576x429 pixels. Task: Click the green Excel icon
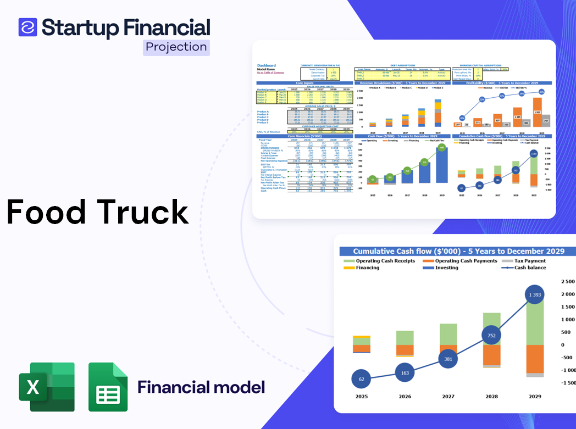pyautogui.click(x=47, y=387)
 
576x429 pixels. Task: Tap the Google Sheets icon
pyautogui.click(x=108, y=387)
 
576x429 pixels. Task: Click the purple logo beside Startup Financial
pyautogui.click(x=27, y=27)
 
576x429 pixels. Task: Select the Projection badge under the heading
pyautogui.click(x=176, y=47)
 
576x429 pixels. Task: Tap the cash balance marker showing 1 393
pyautogui.click(x=535, y=295)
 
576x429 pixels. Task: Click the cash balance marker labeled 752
pyautogui.click(x=491, y=336)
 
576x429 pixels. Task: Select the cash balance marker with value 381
pyautogui.click(x=448, y=359)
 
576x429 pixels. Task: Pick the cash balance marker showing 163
pyautogui.click(x=405, y=373)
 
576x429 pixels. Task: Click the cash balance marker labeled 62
pyautogui.click(x=361, y=379)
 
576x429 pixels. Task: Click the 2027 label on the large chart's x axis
pyautogui.click(x=448, y=397)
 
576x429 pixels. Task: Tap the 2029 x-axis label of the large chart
pyautogui.click(x=535, y=397)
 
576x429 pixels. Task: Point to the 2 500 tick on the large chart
pyautogui.click(x=567, y=282)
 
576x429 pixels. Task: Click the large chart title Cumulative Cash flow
pyautogui.click(x=458, y=251)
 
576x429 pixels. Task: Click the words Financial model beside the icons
pyautogui.click(x=201, y=387)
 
